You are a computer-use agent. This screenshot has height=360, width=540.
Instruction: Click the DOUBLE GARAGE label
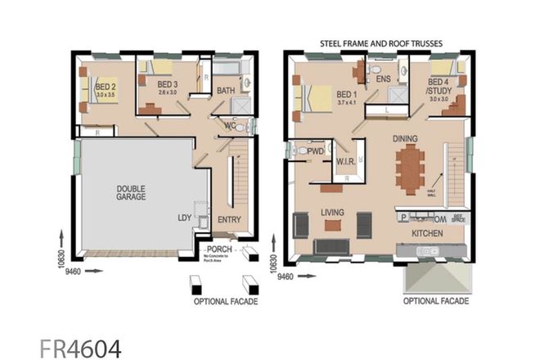point(131,194)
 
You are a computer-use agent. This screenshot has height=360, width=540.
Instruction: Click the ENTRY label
point(228,219)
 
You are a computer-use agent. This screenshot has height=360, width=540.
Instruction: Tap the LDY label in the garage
point(186,218)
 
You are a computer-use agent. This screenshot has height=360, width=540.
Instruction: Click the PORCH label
point(218,250)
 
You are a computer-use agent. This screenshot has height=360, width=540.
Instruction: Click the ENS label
point(383,79)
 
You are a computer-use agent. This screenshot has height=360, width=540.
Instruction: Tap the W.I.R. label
point(344,162)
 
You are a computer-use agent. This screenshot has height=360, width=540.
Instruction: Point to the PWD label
point(316,151)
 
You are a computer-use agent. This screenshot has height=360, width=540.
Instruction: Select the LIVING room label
point(333,212)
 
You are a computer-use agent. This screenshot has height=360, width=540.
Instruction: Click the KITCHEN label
point(427,233)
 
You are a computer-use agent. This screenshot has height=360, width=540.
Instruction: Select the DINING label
point(407,139)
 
